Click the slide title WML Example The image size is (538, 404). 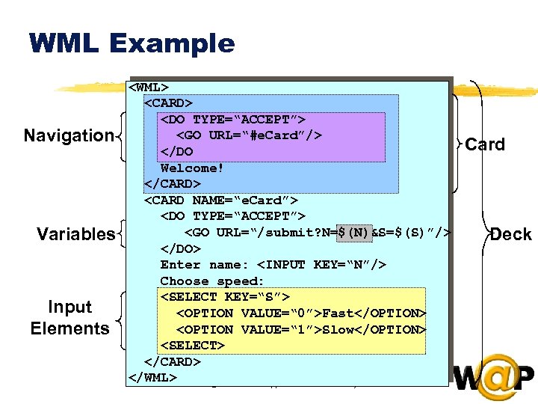click(x=132, y=43)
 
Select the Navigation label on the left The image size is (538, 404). click(x=68, y=135)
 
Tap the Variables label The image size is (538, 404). click(x=75, y=234)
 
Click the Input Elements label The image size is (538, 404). click(x=69, y=318)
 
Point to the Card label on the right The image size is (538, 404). click(x=485, y=144)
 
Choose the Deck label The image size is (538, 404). click(x=511, y=234)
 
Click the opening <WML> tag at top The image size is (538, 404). click(x=153, y=87)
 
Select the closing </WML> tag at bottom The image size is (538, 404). click(x=153, y=377)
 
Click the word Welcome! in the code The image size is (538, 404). click(x=192, y=168)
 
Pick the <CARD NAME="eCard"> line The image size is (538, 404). click(x=221, y=201)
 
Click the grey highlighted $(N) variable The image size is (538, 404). click(x=353, y=233)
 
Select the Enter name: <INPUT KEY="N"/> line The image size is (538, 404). click(x=273, y=265)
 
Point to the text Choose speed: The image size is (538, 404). click(x=212, y=281)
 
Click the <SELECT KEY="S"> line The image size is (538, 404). click(x=225, y=297)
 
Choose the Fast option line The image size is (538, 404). click(x=300, y=313)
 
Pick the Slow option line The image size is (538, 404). click(x=300, y=330)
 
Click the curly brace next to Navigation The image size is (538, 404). click(x=122, y=136)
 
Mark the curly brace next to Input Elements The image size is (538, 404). click(x=122, y=318)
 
